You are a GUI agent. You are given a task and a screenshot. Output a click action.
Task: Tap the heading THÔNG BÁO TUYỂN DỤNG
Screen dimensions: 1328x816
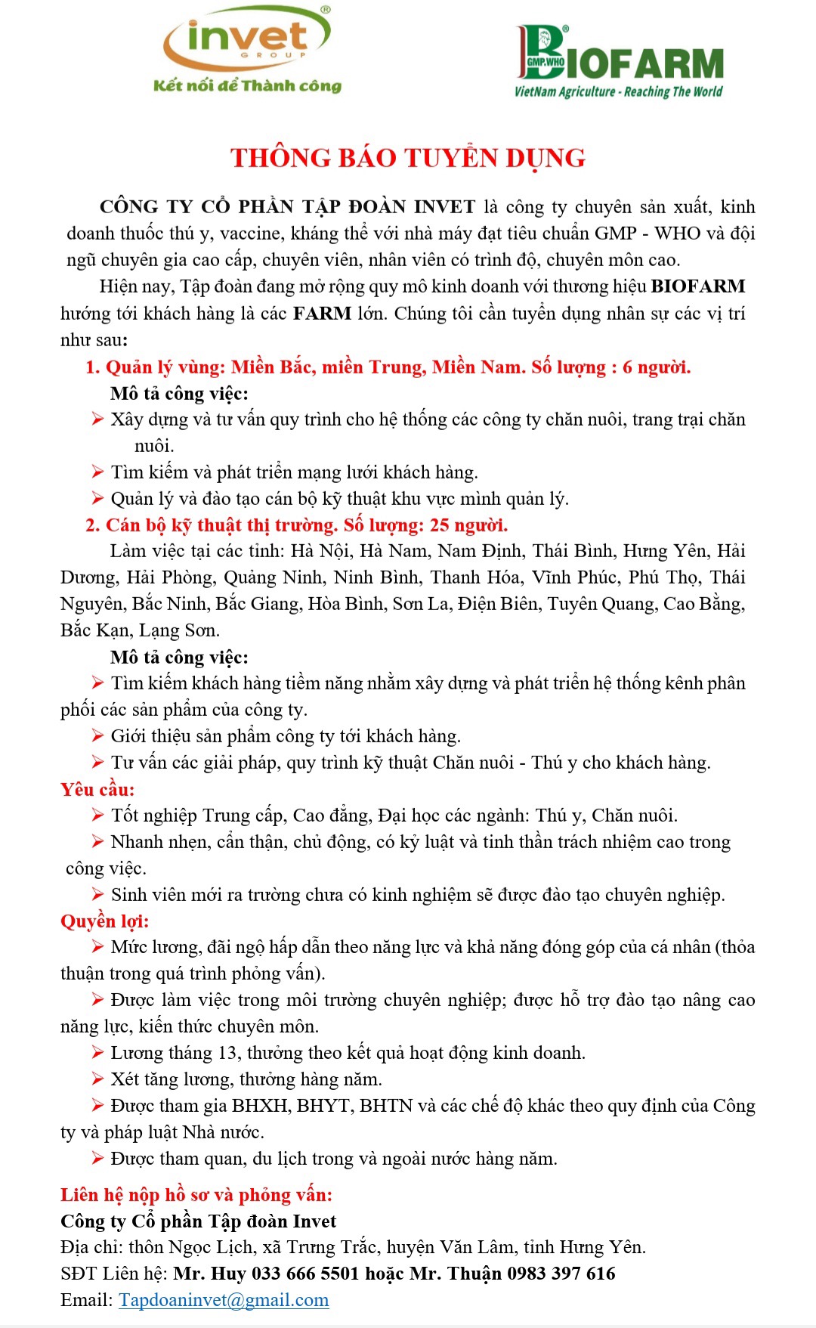pyautogui.click(x=408, y=158)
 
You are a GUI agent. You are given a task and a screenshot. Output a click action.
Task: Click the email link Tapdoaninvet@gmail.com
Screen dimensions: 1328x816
pyautogui.click(x=224, y=1300)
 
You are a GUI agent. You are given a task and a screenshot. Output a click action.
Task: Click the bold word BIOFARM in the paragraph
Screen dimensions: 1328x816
pyautogui.click(x=698, y=286)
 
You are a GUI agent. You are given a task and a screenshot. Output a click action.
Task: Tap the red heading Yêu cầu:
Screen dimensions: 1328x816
pyautogui.click(x=97, y=789)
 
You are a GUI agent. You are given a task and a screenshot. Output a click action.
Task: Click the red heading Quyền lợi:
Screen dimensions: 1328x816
pyautogui.click(x=105, y=921)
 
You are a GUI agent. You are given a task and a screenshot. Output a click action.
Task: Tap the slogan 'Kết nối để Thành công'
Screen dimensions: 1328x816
pyautogui.click(x=247, y=85)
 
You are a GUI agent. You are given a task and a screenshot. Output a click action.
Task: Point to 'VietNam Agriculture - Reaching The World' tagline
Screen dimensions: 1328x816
pyautogui.click(x=618, y=91)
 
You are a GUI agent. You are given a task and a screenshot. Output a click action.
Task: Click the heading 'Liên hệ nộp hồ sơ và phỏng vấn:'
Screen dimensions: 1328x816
pyautogui.click(x=196, y=1195)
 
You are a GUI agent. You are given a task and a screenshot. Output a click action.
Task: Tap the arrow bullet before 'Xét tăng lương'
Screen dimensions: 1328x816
pyautogui.click(x=97, y=1079)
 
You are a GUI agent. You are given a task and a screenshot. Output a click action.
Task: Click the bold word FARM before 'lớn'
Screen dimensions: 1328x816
pyautogui.click(x=322, y=314)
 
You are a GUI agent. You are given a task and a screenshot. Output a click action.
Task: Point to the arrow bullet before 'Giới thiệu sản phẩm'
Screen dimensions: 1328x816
pyautogui.click(x=97, y=735)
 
